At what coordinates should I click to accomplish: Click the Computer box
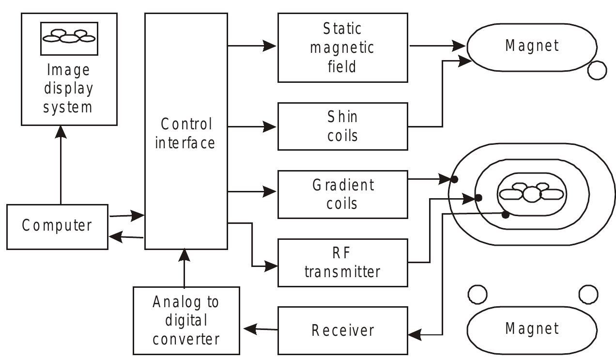click(x=57, y=226)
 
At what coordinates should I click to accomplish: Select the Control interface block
click(x=186, y=131)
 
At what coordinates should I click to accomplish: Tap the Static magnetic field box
click(x=342, y=47)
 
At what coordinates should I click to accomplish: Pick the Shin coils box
click(x=342, y=126)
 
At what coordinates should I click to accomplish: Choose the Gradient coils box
click(x=342, y=194)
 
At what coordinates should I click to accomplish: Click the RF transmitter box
click(x=342, y=263)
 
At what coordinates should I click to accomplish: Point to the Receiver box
click(x=342, y=330)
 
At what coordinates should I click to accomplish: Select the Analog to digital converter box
click(x=186, y=320)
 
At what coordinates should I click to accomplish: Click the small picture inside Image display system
click(x=69, y=38)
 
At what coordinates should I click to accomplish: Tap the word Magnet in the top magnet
click(x=532, y=46)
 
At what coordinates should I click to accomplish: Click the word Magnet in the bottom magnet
click(x=532, y=329)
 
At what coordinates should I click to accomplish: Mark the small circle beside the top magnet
click(x=597, y=70)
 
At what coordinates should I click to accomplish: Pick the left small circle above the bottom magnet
click(x=477, y=294)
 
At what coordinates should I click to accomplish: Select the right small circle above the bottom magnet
click(x=588, y=294)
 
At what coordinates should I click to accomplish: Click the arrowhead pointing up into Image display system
click(x=61, y=131)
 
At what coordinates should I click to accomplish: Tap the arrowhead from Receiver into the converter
click(x=249, y=329)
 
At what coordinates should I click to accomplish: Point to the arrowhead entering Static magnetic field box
click(x=270, y=47)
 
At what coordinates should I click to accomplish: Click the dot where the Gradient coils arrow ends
click(x=454, y=180)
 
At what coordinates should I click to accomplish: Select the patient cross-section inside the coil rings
click(x=532, y=193)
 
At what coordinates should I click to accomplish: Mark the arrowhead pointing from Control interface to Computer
click(x=115, y=236)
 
